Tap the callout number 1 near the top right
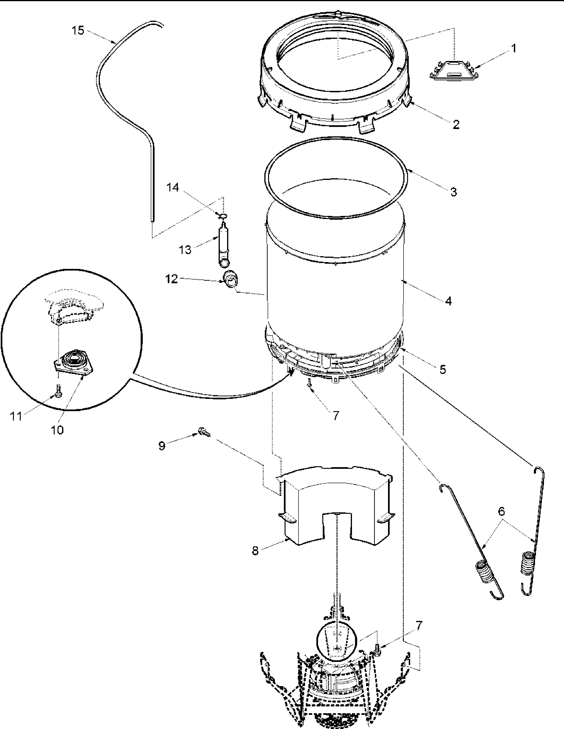[514, 49]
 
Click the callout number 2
[456, 125]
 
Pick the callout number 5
[442, 369]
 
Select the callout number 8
[255, 551]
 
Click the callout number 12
[172, 279]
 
